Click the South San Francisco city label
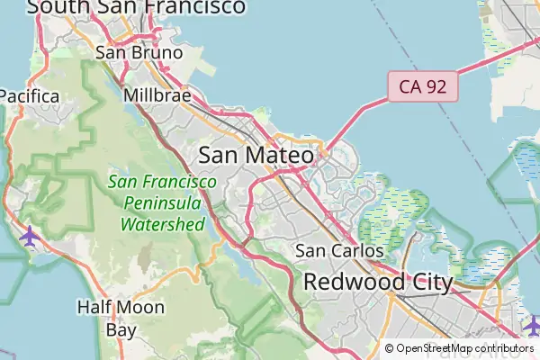[x=135, y=7]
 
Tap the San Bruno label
[x=139, y=52]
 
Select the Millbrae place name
[x=157, y=94]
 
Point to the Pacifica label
[x=29, y=95]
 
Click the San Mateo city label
[x=256, y=155]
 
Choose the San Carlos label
[x=339, y=251]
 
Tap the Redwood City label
[x=377, y=282]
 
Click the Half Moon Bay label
[x=121, y=319]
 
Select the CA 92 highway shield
[x=423, y=87]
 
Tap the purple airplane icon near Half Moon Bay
[x=30, y=237]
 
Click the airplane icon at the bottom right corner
[x=532, y=323]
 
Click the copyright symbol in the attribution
[x=389, y=348]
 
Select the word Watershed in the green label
[x=163, y=224]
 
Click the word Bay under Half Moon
[x=121, y=329]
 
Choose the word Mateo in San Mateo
[x=281, y=155]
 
